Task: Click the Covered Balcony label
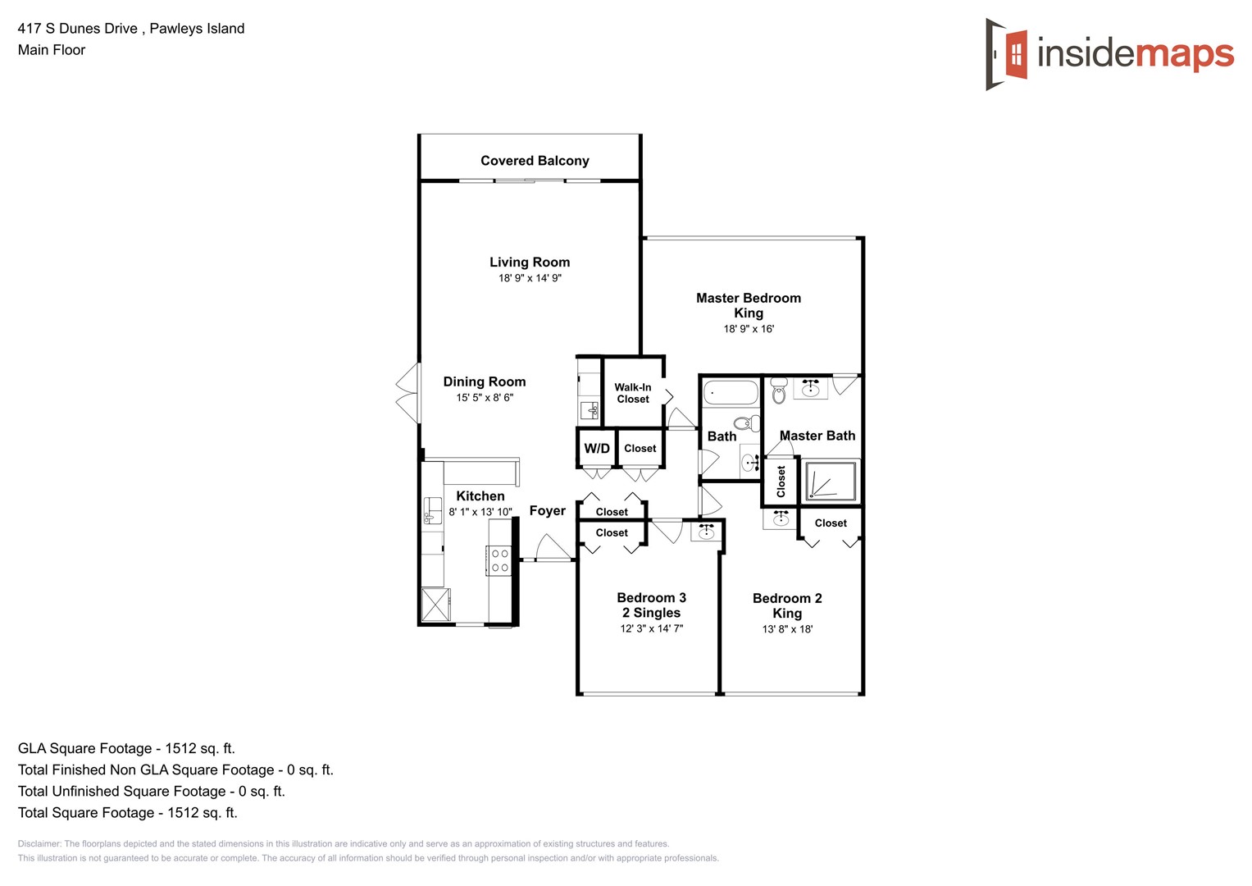535,161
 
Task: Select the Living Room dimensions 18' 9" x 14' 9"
530,278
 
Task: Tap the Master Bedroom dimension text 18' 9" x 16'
748,329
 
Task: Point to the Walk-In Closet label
632,393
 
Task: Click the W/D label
596,449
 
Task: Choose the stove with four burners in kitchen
499,561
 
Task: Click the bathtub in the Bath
731,392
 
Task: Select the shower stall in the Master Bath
831,482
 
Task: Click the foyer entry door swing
550,548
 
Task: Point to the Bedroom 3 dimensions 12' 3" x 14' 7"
651,629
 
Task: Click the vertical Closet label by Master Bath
781,482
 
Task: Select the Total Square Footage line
127,813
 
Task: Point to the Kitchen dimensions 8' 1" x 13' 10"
480,512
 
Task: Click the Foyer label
547,511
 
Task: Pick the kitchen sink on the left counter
431,510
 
